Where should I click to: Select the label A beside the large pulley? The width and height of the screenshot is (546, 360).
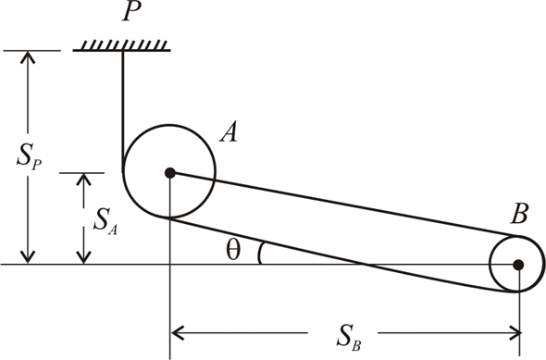point(229,134)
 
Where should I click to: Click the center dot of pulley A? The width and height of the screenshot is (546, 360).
point(169,172)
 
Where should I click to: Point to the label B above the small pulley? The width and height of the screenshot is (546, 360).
point(518,218)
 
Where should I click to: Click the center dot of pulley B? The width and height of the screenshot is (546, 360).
point(518,265)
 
